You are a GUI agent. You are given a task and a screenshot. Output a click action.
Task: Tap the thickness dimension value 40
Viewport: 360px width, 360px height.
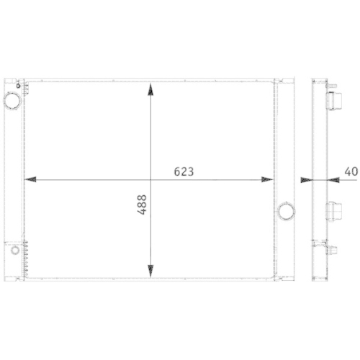click(351, 171)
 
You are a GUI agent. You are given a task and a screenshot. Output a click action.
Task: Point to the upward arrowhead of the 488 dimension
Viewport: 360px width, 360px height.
click(150, 89)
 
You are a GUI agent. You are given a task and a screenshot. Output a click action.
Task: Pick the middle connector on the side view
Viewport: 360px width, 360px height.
click(333, 212)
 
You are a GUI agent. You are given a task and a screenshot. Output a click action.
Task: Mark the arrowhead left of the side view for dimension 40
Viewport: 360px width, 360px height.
click(305, 179)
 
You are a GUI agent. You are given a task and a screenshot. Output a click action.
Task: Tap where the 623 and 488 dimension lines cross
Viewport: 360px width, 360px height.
click(150, 179)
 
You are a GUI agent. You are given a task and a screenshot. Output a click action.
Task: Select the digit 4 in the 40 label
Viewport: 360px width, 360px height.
click(348, 171)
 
